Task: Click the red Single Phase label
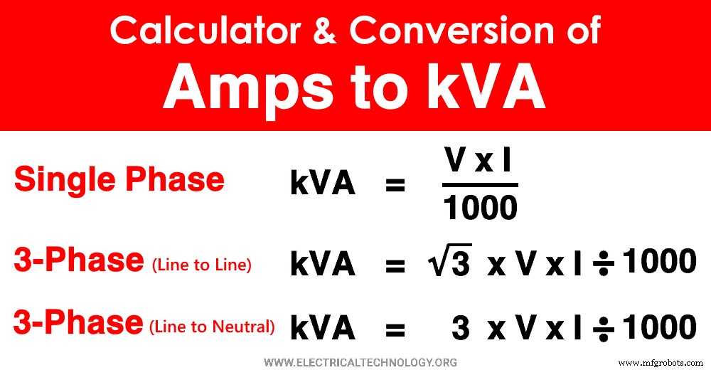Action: (x=119, y=179)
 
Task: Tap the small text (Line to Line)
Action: (x=201, y=265)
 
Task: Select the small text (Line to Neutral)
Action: (x=212, y=327)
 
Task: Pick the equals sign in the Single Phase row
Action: (x=395, y=186)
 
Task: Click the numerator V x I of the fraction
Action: (x=478, y=162)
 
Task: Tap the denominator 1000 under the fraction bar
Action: (x=480, y=208)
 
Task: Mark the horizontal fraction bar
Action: (x=480, y=185)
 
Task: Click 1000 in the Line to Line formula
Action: (x=658, y=263)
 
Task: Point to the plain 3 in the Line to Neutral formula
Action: (x=461, y=328)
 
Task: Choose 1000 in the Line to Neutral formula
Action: (x=658, y=327)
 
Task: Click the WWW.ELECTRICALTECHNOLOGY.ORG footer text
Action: (x=360, y=361)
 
